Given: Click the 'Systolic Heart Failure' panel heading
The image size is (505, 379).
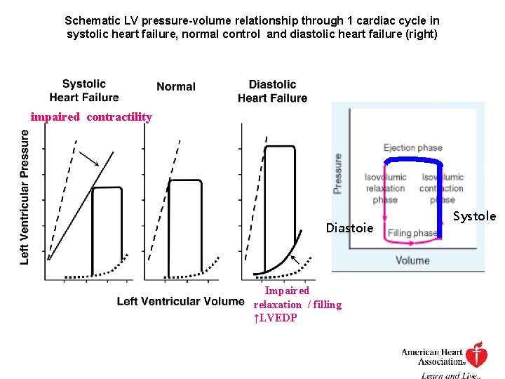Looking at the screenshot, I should (x=83, y=91).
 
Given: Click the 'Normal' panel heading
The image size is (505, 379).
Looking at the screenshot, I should (x=176, y=86).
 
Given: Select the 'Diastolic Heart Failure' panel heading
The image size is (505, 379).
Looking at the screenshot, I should (x=272, y=91).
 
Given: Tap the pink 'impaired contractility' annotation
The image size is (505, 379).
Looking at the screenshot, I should (x=91, y=117).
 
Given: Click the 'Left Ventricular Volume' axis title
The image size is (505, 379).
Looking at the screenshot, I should (x=180, y=301).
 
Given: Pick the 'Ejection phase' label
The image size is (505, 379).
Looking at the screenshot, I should (x=412, y=147).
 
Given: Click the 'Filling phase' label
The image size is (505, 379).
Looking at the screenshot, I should (x=412, y=233).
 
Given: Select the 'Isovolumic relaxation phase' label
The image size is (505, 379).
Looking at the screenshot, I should (x=385, y=188).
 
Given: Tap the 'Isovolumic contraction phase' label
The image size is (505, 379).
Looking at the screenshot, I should (x=442, y=188).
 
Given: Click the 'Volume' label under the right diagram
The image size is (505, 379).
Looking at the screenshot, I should (x=412, y=260).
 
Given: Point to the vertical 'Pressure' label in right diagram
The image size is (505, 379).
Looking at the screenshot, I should (x=338, y=173).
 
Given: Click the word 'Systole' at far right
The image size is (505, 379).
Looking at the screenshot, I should (x=475, y=216).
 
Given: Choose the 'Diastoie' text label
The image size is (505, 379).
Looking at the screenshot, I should (x=350, y=228).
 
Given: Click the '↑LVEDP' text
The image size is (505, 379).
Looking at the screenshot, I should (x=276, y=318).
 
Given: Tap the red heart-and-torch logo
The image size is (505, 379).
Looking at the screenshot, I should (x=478, y=355).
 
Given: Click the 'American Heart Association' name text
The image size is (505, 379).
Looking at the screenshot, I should (x=433, y=357).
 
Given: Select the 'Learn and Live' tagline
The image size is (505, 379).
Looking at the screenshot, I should (x=450, y=375).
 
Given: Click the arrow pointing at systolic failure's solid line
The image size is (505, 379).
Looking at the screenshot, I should (x=88, y=158).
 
